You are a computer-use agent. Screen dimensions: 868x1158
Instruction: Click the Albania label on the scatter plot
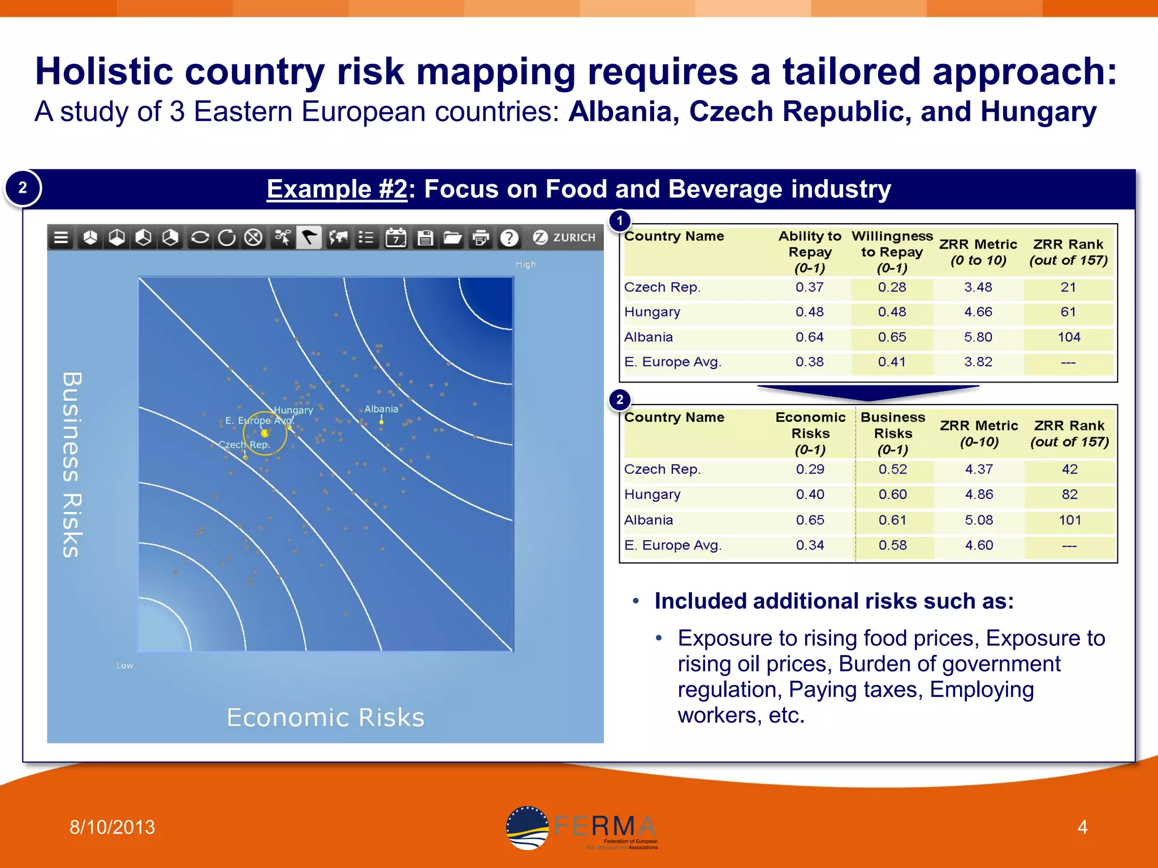point(381,409)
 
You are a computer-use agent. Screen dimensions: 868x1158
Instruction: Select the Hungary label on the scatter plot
point(293,410)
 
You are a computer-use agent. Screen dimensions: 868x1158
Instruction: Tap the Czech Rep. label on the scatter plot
point(244,445)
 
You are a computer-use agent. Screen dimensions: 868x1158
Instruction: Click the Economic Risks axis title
point(325,717)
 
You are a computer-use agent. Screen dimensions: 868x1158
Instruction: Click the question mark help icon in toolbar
point(509,238)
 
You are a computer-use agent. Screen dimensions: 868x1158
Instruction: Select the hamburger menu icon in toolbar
point(61,238)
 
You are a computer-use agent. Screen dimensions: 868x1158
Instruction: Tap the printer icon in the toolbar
point(481,238)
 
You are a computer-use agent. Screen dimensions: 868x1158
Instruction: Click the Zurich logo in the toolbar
point(564,238)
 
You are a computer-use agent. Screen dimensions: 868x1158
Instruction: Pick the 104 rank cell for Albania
point(1069,337)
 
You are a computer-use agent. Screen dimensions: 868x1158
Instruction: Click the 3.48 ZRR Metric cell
point(978,287)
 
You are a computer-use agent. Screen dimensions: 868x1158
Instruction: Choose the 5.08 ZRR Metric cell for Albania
point(979,520)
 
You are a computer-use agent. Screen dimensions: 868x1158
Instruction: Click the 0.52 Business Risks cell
point(893,469)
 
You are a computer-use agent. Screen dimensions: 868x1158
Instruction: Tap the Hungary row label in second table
point(652,494)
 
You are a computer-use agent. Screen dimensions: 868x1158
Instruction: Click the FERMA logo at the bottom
point(582,828)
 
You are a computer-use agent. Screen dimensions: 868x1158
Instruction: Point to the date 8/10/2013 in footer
point(112,827)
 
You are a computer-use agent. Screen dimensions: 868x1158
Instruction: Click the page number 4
point(1082,827)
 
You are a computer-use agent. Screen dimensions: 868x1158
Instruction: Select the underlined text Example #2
point(337,189)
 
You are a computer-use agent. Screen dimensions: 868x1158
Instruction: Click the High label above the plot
point(525,264)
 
